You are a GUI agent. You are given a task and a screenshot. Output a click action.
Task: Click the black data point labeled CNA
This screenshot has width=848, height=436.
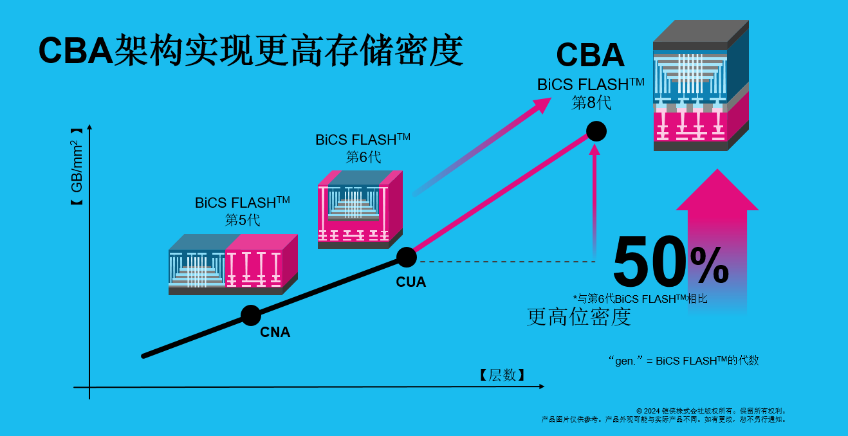(x=251, y=315)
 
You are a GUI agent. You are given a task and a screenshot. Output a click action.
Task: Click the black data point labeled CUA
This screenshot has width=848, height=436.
(x=406, y=257)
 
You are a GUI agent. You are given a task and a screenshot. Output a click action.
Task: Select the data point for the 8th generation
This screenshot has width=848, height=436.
(x=596, y=131)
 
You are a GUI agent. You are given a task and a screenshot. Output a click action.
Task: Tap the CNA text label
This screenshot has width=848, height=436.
(x=275, y=332)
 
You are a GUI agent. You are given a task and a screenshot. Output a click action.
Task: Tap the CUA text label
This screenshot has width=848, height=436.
(x=410, y=282)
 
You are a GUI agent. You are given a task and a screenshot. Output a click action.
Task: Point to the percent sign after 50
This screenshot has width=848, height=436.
(x=709, y=266)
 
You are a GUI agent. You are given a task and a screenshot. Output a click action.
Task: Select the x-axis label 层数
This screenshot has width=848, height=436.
(x=501, y=376)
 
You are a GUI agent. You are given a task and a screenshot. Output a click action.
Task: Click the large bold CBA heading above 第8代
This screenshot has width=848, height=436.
(x=590, y=55)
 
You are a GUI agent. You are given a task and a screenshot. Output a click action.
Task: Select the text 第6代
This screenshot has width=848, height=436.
(x=364, y=156)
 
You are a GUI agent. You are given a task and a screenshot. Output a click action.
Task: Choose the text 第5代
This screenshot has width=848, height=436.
(x=243, y=219)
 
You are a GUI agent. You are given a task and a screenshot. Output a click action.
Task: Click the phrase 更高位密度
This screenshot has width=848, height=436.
(x=578, y=316)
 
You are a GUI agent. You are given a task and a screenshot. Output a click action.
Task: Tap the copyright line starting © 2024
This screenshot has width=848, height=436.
(x=710, y=410)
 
